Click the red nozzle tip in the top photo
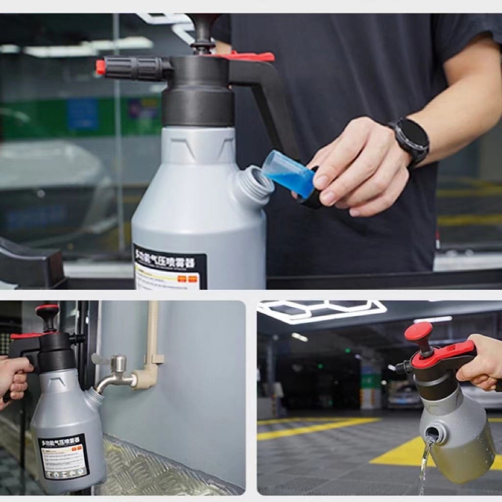[100, 67]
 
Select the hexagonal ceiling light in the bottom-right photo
[321, 311]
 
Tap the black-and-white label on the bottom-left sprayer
[64, 456]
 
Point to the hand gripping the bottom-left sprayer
[14, 380]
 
